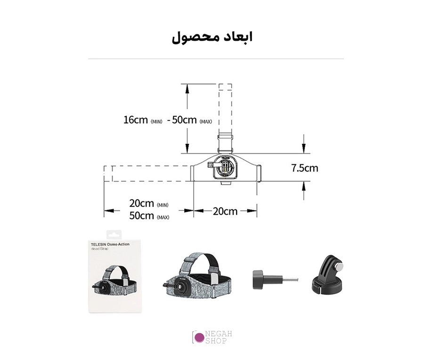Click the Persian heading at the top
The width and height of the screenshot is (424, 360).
(x=212, y=37)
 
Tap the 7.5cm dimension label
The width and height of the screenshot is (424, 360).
(x=304, y=168)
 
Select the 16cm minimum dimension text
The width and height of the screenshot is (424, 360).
(x=143, y=120)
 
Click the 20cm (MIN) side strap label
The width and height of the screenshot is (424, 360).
(x=149, y=203)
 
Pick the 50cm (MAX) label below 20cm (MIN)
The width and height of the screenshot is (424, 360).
(x=149, y=216)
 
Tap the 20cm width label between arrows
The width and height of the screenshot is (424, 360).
(x=225, y=211)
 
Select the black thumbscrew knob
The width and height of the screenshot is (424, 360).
(x=258, y=280)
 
